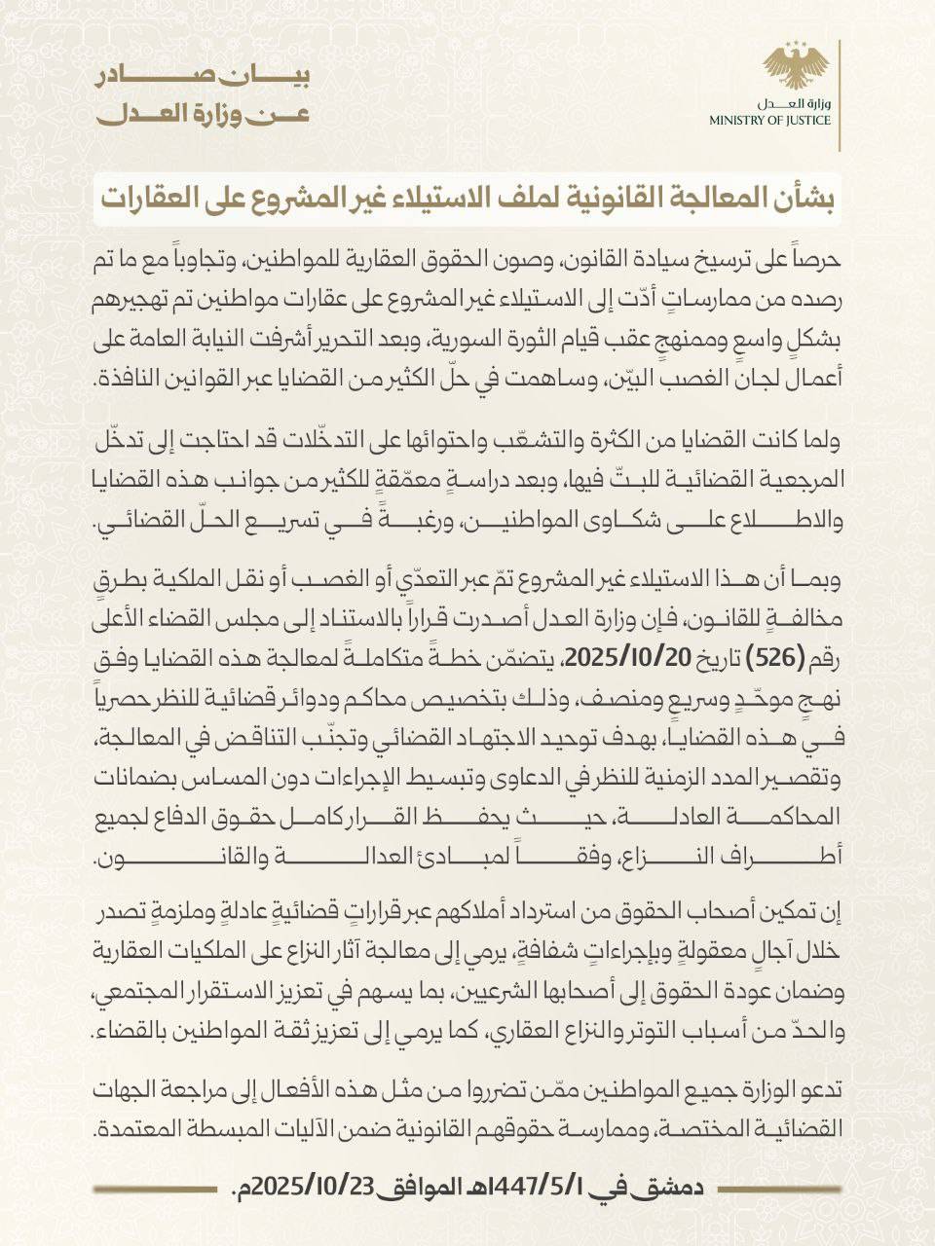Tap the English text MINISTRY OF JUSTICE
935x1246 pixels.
tap(797, 121)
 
